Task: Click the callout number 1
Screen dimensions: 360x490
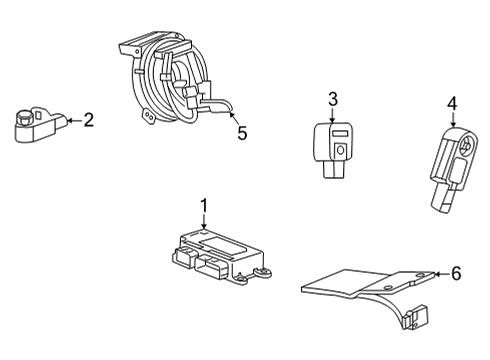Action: [x=203, y=207]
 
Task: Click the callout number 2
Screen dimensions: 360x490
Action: [x=88, y=121]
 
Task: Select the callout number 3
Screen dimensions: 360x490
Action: [x=333, y=99]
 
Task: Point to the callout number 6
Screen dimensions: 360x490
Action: [x=456, y=273]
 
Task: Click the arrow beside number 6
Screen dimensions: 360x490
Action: [x=438, y=273]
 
